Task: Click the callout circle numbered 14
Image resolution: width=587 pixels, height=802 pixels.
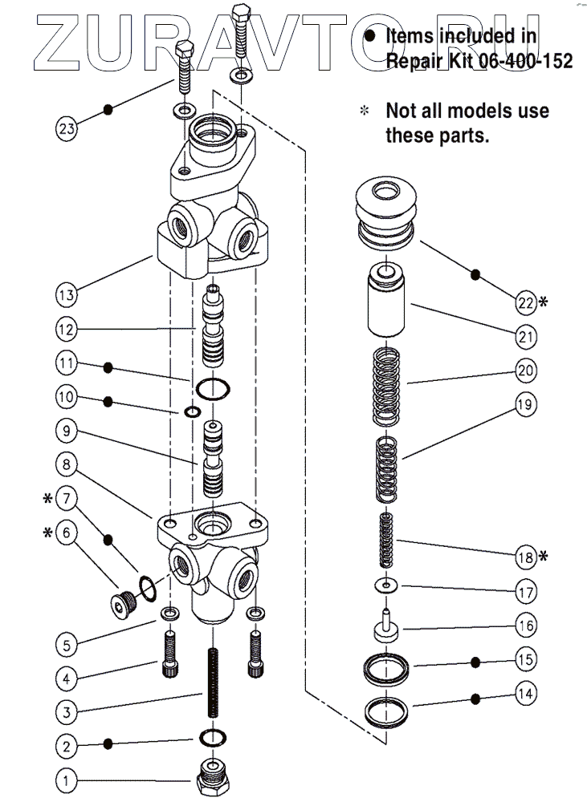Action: pyautogui.click(x=524, y=693)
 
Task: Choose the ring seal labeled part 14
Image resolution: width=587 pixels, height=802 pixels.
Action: pyautogui.click(x=388, y=710)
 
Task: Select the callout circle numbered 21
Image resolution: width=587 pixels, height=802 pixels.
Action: pyautogui.click(x=525, y=338)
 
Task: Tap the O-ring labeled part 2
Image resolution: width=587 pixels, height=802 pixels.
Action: pyautogui.click(x=211, y=737)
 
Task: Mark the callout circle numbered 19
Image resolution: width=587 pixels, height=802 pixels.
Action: pyautogui.click(x=525, y=404)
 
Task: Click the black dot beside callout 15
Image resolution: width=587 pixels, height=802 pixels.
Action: pyautogui.click(x=475, y=662)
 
